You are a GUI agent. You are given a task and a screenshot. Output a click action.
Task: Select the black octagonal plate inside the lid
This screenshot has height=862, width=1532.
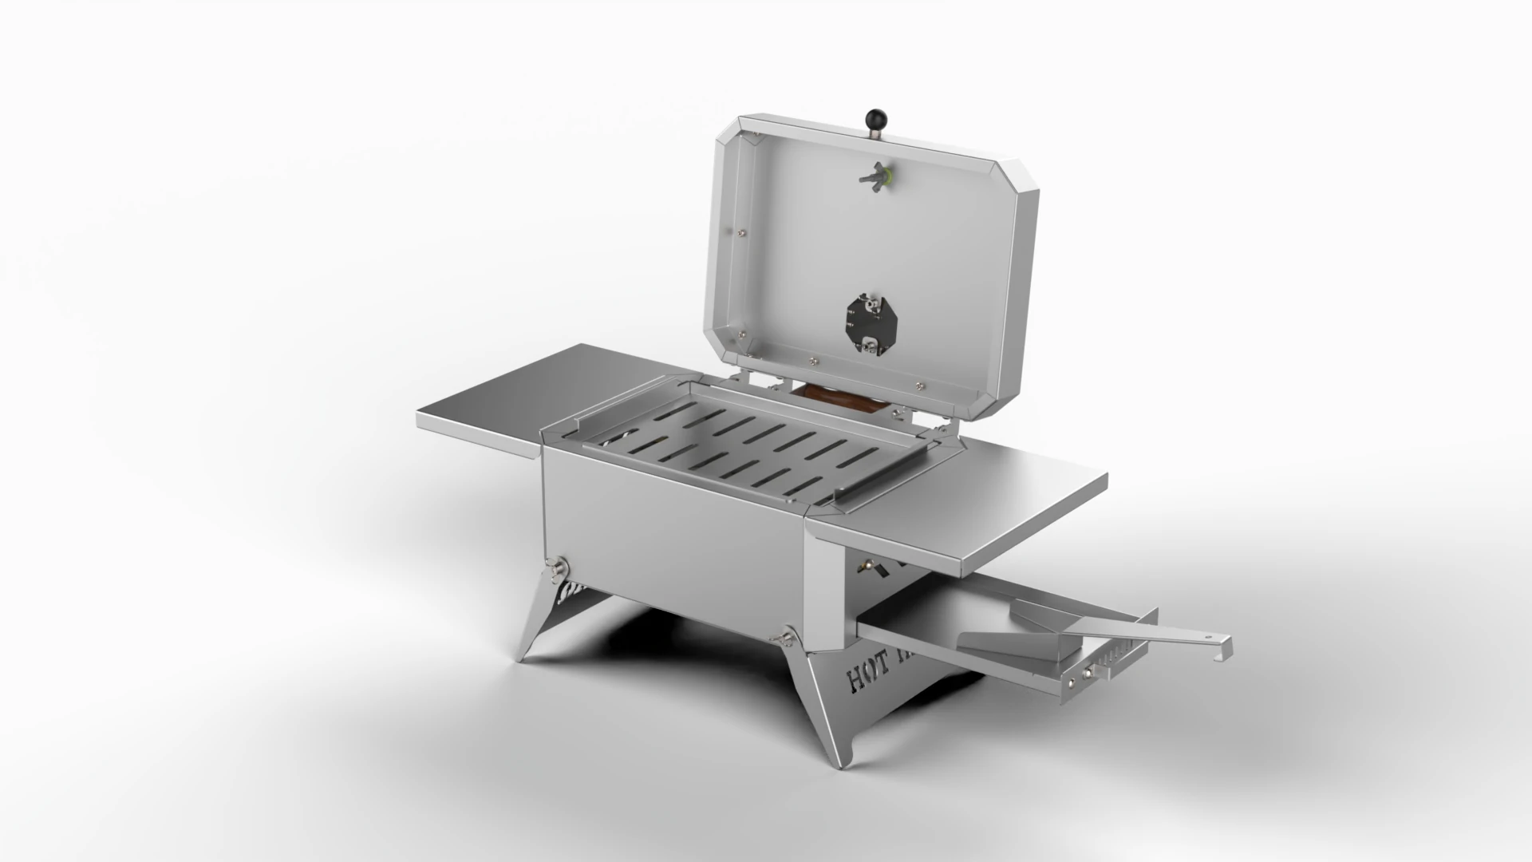872,322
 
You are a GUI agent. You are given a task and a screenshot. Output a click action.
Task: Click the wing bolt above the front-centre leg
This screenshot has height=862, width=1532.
785,638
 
